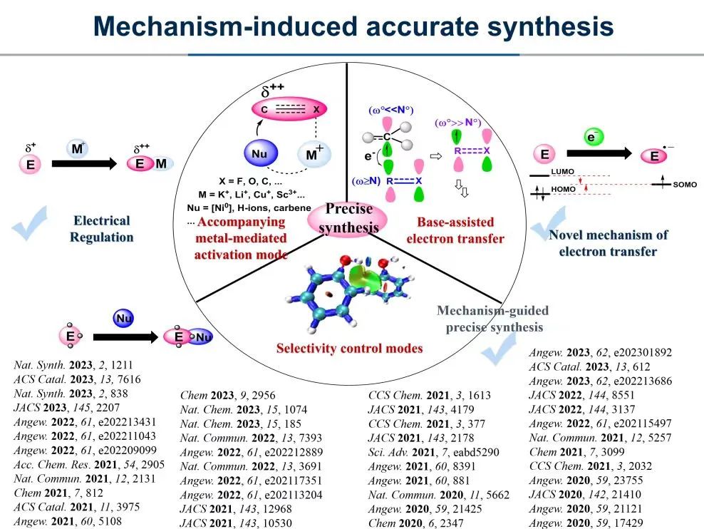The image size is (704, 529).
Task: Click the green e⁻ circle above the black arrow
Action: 591,137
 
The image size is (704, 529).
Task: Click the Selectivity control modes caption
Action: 350,348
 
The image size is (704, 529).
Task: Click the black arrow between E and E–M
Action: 83,163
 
